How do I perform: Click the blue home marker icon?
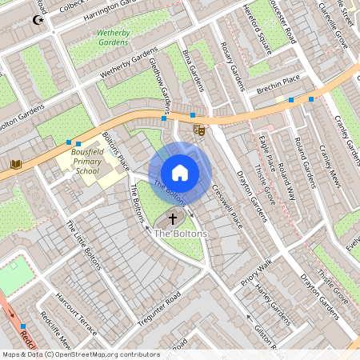tap(180, 172)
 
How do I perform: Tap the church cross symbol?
tap(172, 218)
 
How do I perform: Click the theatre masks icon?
tap(198, 130)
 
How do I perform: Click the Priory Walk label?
tap(257, 273)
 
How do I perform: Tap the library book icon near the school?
tap(15, 164)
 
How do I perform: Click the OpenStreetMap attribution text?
tap(80, 354)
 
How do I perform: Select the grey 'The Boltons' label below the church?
tap(180, 233)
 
